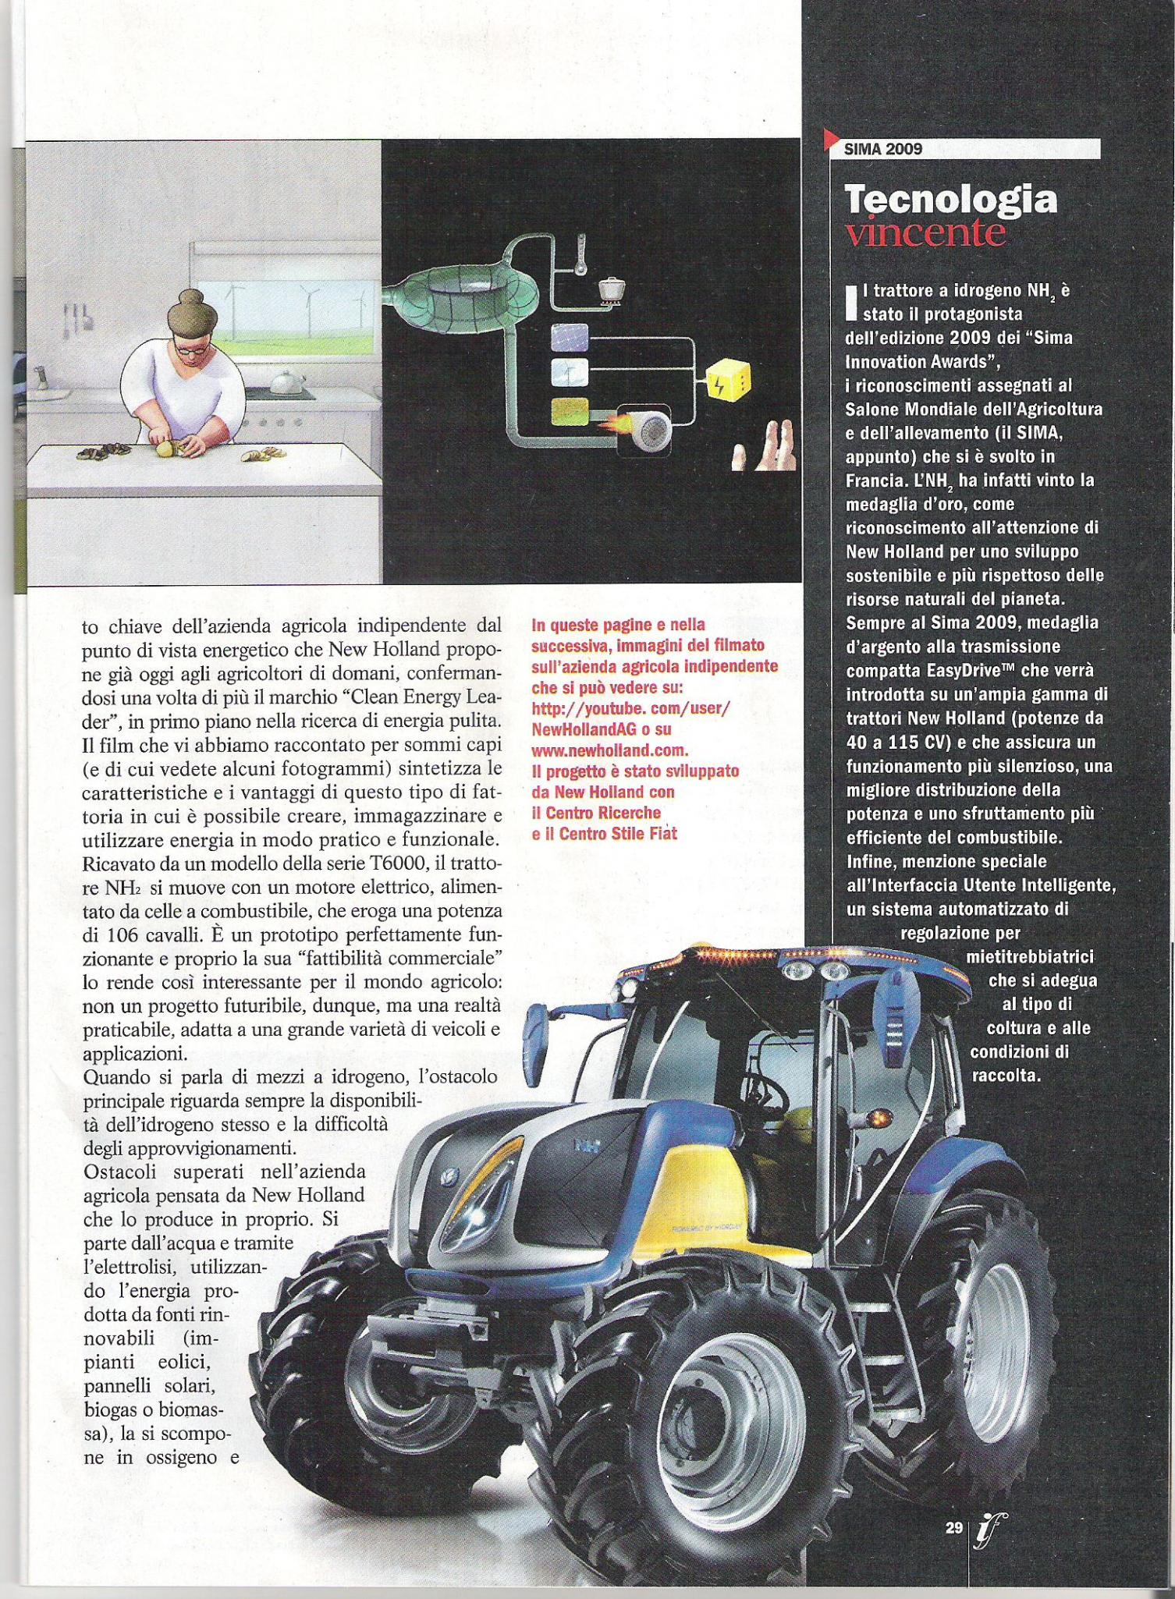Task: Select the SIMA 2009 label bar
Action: pyautogui.click(x=964, y=148)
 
